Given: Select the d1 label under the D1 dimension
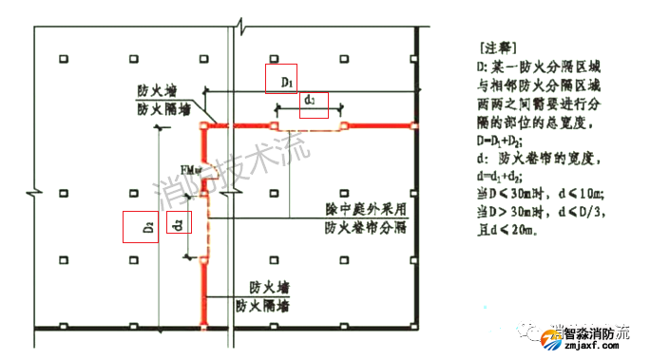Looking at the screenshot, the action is (313, 104).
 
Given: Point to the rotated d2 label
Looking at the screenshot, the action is (178, 223).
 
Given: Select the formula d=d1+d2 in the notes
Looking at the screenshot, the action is (504, 178).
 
